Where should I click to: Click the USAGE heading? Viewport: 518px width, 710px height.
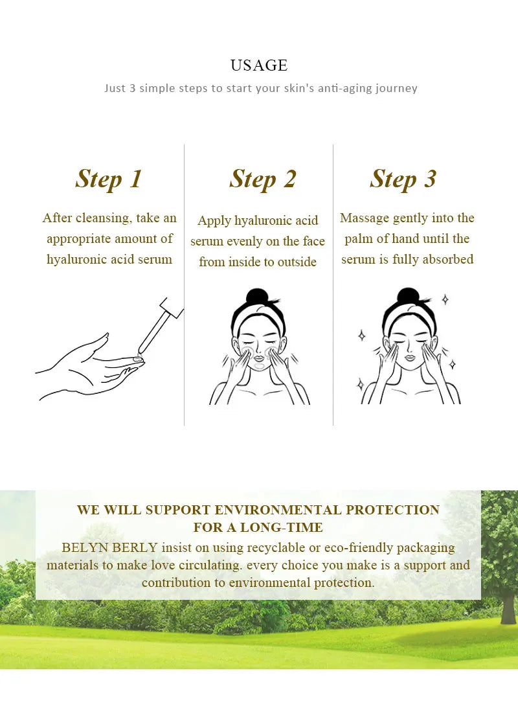pyautogui.click(x=259, y=65)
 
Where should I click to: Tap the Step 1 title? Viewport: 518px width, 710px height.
pyautogui.click(x=109, y=179)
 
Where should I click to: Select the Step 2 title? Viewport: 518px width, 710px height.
pyautogui.click(x=262, y=179)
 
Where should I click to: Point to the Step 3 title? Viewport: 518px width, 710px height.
pyautogui.click(x=403, y=179)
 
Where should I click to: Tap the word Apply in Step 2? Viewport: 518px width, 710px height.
pyautogui.click(x=214, y=221)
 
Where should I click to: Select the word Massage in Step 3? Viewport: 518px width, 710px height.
pyautogui.click(x=364, y=218)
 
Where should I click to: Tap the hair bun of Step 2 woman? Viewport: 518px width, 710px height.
pyautogui.click(x=258, y=295)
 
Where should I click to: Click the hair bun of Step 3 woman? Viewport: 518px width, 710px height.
pyautogui.click(x=408, y=295)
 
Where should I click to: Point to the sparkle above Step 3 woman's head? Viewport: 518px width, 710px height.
pyautogui.click(x=445, y=299)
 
